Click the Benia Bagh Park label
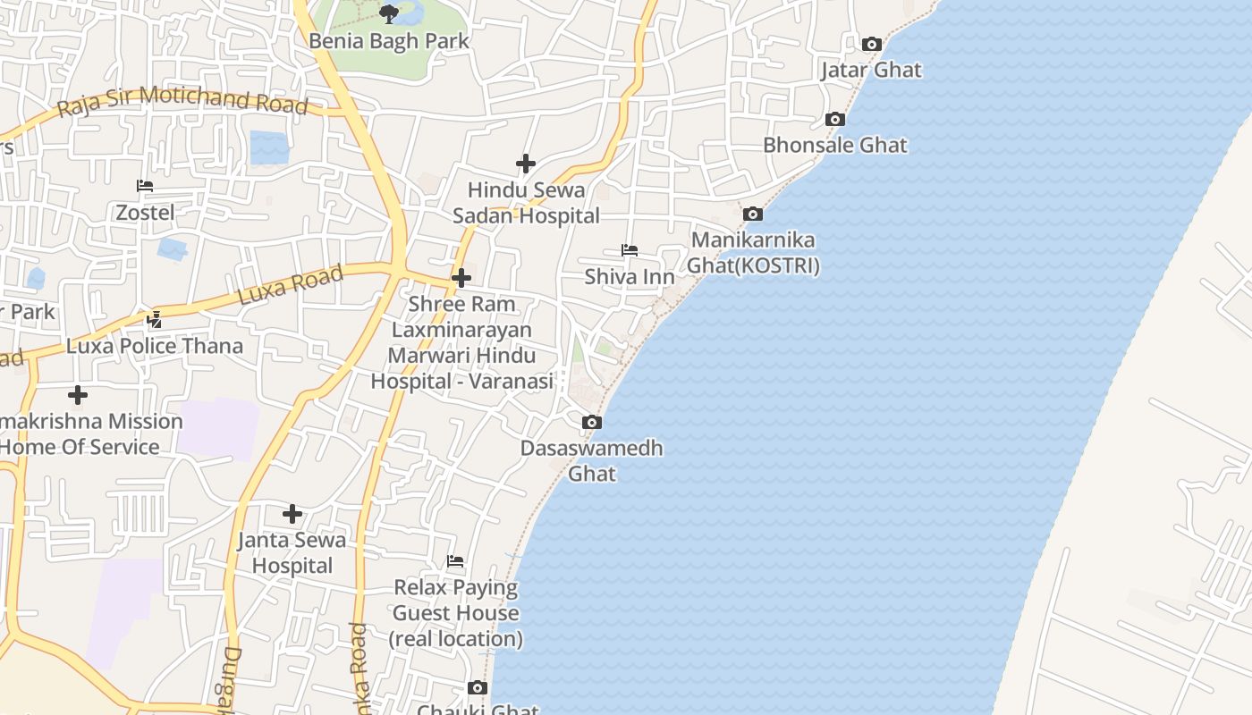(x=388, y=41)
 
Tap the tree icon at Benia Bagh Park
(x=388, y=13)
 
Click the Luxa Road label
(x=291, y=285)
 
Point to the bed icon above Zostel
(x=145, y=186)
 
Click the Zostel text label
(x=145, y=213)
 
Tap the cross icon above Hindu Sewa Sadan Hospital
(x=526, y=164)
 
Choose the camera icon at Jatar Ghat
(x=871, y=44)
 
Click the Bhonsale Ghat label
(x=834, y=145)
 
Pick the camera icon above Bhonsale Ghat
(x=834, y=119)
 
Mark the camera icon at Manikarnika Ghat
(x=753, y=214)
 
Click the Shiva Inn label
(x=630, y=277)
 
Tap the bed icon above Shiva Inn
(x=630, y=250)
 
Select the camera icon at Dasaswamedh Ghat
(x=591, y=422)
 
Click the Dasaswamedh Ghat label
(x=592, y=460)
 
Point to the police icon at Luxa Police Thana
(x=155, y=319)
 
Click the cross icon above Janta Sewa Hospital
(x=292, y=514)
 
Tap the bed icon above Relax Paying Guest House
(x=455, y=561)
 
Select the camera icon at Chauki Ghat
(x=478, y=687)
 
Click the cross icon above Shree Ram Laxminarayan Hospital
(x=461, y=278)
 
